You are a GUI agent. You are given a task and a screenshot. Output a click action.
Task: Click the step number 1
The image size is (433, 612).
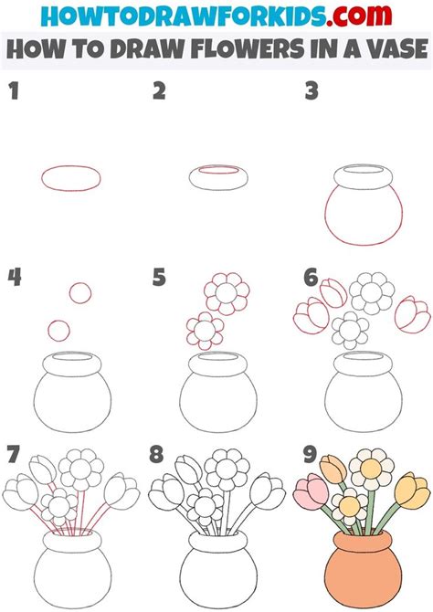[14, 90]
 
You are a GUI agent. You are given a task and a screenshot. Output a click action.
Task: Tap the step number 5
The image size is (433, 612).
[159, 277]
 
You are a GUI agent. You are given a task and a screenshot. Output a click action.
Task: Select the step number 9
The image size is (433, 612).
[310, 454]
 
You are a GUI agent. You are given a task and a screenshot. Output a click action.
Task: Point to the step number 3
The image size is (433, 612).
[312, 91]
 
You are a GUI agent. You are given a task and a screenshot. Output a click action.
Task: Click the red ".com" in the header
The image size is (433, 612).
[360, 16]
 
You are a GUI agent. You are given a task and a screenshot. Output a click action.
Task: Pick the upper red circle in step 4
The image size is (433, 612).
[80, 293]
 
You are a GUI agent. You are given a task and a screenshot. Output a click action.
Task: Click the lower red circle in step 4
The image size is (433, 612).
[59, 331]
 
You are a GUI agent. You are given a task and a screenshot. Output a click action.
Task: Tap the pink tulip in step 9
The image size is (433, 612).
[312, 490]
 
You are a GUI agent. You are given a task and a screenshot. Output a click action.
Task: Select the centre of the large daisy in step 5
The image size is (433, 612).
[227, 293]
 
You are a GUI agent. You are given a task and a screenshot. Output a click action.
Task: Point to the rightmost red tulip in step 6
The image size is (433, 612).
[412, 314]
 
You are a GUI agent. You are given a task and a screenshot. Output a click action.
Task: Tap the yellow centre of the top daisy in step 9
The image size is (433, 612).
[371, 469]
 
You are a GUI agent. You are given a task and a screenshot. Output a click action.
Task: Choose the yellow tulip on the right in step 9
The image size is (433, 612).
[412, 491]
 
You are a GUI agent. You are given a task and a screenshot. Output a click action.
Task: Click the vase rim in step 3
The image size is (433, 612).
[363, 185]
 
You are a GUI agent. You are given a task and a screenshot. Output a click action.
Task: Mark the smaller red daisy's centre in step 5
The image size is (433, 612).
[205, 331]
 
